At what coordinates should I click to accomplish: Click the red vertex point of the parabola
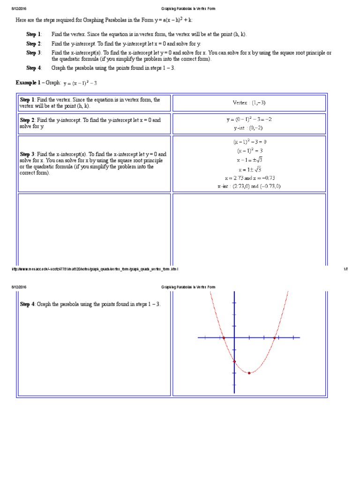tap(249, 373)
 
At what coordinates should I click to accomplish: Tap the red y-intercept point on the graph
tap(234, 361)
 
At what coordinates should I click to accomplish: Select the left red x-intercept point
tap(224, 337)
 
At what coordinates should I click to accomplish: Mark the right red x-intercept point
tap(274, 337)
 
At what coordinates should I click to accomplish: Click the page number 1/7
tap(345, 269)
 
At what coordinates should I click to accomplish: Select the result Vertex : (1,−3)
tap(249, 103)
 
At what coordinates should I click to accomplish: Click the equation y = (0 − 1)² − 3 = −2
tap(249, 119)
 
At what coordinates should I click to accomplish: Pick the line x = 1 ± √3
tap(250, 169)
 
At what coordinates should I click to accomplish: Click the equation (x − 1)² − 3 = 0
tap(250, 142)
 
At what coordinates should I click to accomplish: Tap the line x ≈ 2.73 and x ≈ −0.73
tap(249, 178)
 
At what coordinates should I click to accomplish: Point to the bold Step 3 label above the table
tap(34, 52)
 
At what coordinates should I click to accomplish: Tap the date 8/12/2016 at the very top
tap(19, 8)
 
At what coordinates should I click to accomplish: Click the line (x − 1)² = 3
tap(250, 150)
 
